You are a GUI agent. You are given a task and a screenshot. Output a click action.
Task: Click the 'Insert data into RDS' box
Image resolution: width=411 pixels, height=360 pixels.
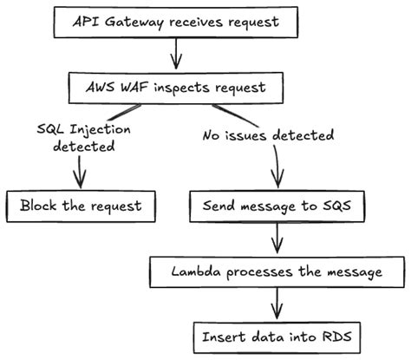277,334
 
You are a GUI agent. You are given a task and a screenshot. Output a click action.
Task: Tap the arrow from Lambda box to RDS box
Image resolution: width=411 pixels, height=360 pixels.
277,304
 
